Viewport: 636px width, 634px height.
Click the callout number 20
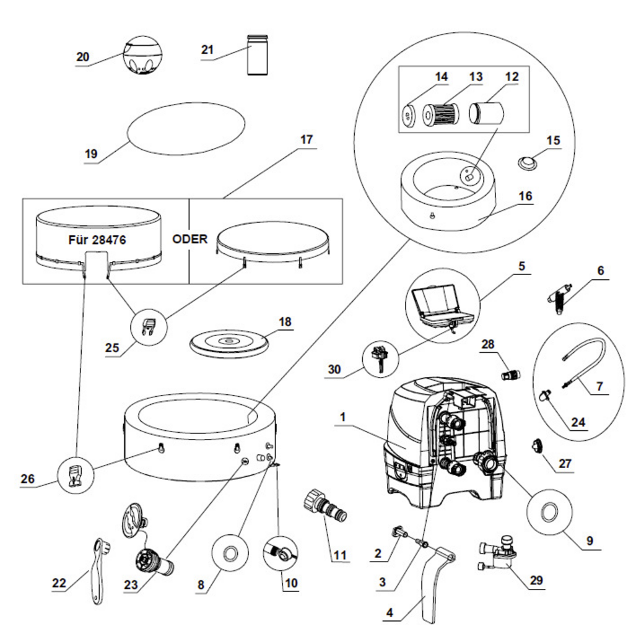pos(83,57)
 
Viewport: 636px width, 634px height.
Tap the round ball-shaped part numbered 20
pos(142,54)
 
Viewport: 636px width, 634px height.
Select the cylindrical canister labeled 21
pos(258,54)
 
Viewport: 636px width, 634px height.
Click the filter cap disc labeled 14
pos(409,115)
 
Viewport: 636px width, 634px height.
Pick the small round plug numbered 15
pos(528,164)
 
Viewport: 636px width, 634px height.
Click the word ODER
pos(190,239)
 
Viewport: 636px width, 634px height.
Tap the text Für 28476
pos(97,240)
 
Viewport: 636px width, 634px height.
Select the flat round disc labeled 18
pos(229,343)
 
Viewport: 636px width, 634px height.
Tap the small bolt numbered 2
pos(399,532)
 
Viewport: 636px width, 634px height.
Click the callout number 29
pos(536,580)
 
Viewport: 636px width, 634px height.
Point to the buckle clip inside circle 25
pos(149,326)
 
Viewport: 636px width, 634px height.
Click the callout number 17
pos(307,139)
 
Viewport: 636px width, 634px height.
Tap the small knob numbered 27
pos(538,447)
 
